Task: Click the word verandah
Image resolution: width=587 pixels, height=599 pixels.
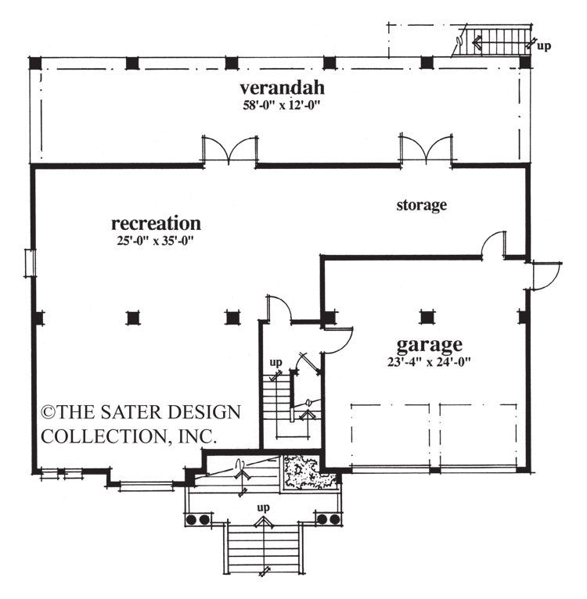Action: (x=281, y=87)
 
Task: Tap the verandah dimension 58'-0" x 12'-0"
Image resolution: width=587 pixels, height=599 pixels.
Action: (x=282, y=104)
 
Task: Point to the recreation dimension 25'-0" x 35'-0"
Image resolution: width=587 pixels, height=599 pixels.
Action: (x=156, y=240)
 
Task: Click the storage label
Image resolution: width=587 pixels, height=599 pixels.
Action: (x=421, y=206)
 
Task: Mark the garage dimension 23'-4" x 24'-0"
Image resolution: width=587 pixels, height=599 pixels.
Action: (x=428, y=360)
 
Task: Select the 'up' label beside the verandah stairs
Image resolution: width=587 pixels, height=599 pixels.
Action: (x=543, y=45)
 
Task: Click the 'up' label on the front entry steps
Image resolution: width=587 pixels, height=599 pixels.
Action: (x=264, y=508)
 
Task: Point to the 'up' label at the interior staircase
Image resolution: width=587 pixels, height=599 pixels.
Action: (x=275, y=363)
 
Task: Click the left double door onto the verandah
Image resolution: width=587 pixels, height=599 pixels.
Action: (x=230, y=150)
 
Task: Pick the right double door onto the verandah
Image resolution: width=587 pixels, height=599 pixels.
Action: (x=427, y=149)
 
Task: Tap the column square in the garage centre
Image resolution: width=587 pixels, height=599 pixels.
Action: (x=427, y=317)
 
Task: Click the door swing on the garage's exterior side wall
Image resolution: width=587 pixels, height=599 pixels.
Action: (x=546, y=275)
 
